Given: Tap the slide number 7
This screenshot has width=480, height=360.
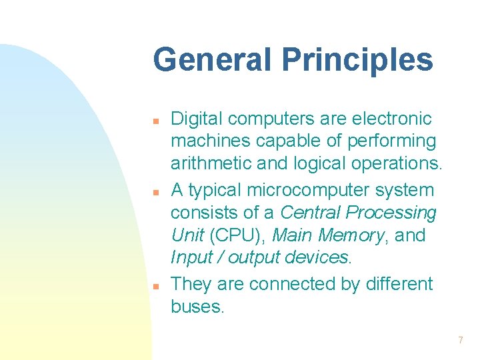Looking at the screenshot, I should click(x=460, y=341).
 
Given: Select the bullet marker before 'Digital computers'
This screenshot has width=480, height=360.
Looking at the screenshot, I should click(x=154, y=122).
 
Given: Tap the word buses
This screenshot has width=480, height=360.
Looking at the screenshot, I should click(x=197, y=307).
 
